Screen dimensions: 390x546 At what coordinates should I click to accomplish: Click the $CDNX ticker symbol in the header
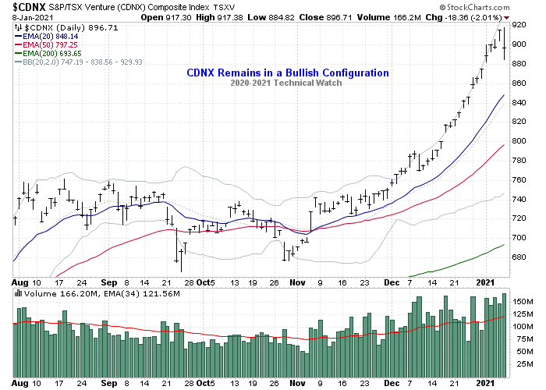point(26,7)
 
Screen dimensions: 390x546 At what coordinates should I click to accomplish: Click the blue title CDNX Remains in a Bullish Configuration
point(288,73)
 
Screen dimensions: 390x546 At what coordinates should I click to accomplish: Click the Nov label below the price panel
point(297,282)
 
